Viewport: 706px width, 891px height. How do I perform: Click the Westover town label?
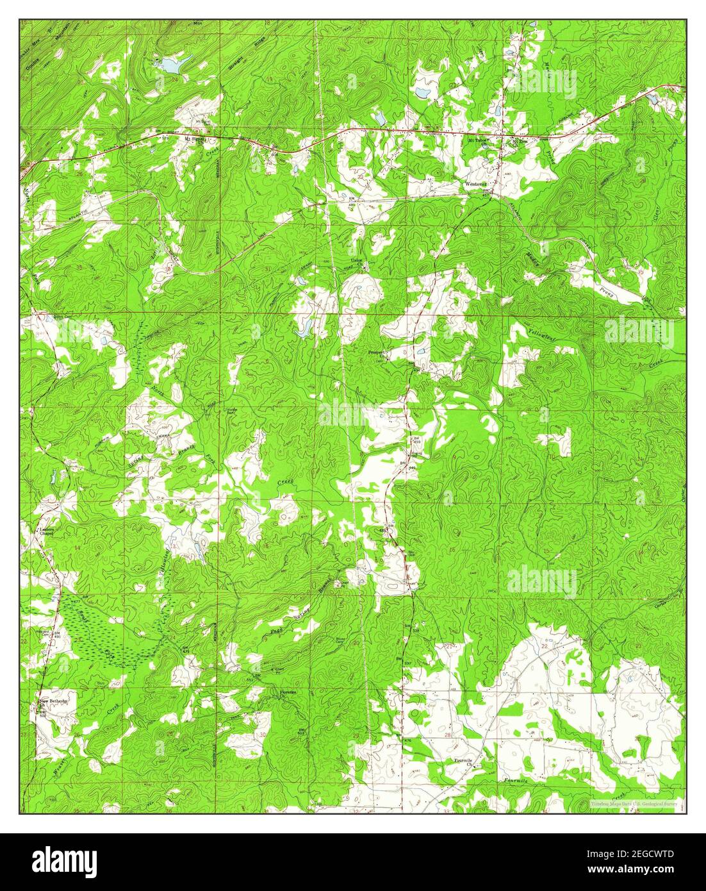(x=475, y=184)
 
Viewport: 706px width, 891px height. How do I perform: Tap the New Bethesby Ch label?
(x=53, y=702)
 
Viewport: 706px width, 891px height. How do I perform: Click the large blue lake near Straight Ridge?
(x=171, y=64)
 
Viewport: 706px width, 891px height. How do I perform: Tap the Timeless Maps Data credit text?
(x=634, y=803)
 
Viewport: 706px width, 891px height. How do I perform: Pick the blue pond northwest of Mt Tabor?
(x=422, y=92)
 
